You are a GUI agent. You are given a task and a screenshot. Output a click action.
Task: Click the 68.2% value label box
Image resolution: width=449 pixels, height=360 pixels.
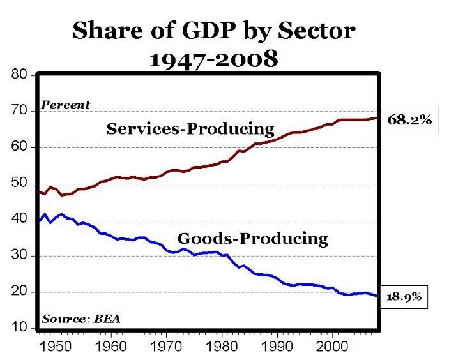click(409, 120)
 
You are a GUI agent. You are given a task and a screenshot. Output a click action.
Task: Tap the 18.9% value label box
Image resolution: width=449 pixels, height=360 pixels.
click(402, 297)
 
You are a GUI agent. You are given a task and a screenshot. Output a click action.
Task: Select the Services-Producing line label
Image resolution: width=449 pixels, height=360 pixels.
click(190, 129)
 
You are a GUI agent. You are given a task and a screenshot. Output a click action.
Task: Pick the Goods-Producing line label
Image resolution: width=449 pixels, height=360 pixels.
click(252, 239)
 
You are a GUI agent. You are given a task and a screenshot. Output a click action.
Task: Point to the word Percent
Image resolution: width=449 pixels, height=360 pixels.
click(65, 105)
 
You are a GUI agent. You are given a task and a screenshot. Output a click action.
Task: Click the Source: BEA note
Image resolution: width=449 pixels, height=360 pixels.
click(80, 319)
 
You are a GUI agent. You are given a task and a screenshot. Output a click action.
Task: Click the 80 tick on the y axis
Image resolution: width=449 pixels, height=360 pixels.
click(20, 75)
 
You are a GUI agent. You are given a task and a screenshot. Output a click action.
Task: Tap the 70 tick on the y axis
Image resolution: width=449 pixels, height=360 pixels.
click(20, 111)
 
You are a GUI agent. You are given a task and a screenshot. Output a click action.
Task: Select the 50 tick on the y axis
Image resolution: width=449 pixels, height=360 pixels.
click(20, 184)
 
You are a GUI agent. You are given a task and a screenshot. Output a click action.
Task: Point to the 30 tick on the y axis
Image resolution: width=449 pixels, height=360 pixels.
click(20, 256)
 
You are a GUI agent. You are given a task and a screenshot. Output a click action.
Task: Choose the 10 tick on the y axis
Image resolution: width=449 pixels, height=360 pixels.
click(20, 328)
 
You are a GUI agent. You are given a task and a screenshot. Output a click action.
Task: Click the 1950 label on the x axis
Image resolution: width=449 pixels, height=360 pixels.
click(56, 346)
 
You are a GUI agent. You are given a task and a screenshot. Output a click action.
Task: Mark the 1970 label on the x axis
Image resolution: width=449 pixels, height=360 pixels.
click(166, 346)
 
